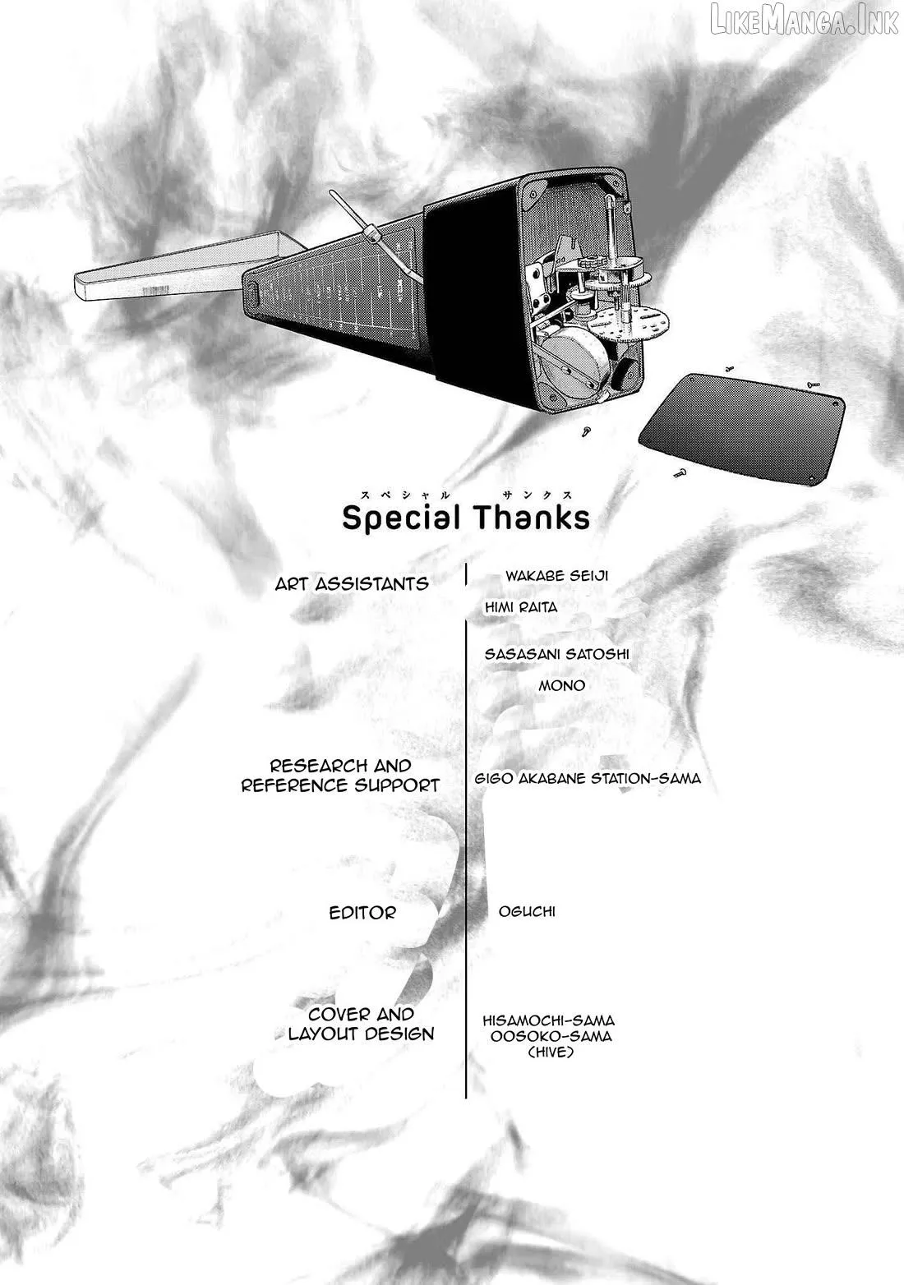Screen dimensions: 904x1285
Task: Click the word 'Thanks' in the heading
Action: [533, 517]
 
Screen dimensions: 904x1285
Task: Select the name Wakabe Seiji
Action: [556, 575]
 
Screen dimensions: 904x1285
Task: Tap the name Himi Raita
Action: [520, 607]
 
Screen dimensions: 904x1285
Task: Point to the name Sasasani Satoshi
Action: [556, 654]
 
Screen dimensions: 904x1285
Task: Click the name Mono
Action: [561, 685]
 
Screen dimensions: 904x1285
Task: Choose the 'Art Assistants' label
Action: [352, 584]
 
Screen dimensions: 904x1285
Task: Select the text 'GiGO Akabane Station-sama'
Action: [588, 778]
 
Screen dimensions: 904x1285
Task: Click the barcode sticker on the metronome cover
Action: [155, 290]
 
